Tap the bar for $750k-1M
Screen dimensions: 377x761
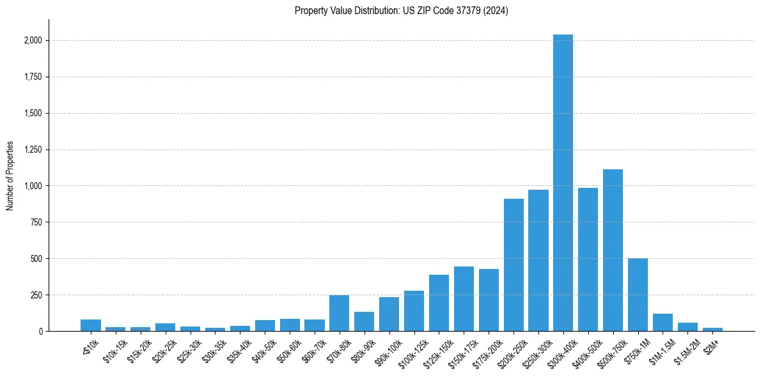pyautogui.click(x=638, y=295)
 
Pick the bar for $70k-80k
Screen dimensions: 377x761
pyautogui.click(x=339, y=313)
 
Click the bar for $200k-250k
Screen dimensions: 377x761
pyautogui.click(x=514, y=265)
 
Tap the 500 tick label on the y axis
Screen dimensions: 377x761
pyautogui.click(x=37, y=259)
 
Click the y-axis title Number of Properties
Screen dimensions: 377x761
pyautogui.click(x=10, y=175)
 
